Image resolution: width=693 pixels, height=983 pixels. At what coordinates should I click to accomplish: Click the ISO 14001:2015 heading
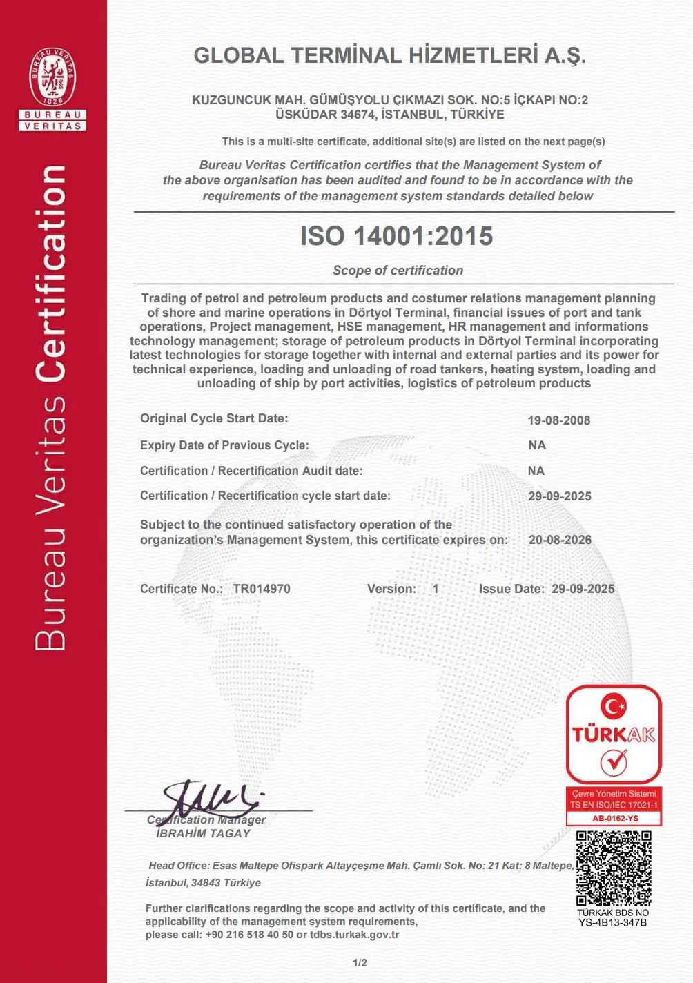pyautogui.click(x=396, y=236)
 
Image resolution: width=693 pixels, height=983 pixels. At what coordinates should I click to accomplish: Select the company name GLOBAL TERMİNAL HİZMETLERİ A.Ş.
pyautogui.click(x=389, y=56)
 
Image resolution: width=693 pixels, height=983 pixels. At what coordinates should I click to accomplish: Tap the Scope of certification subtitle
pyautogui.click(x=398, y=271)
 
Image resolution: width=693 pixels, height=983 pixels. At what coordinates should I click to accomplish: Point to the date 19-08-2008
pyautogui.click(x=558, y=420)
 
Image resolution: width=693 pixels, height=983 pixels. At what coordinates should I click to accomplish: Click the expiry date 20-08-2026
pyautogui.click(x=560, y=540)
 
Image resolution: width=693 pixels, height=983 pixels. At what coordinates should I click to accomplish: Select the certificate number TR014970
pyautogui.click(x=262, y=589)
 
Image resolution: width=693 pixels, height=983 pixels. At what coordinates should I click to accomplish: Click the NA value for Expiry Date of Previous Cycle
pyautogui.click(x=536, y=445)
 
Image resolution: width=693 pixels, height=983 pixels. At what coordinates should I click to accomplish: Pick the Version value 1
pyautogui.click(x=436, y=589)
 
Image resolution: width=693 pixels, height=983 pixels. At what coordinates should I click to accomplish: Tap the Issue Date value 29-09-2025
pyautogui.click(x=583, y=589)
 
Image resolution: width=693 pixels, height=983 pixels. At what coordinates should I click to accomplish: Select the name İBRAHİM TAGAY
pyautogui.click(x=204, y=833)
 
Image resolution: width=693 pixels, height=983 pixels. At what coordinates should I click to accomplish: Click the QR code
pyautogui.click(x=613, y=868)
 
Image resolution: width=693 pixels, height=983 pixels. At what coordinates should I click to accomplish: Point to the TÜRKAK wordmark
pyautogui.click(x=613, y=734)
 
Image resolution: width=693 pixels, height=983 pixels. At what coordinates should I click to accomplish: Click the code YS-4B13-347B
pyautogui.click(x=612, y=922)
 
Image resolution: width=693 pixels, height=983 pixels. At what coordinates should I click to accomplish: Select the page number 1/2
pyautogui.click(x=360, y=963)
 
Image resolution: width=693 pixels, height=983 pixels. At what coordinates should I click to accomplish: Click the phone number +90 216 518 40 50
pyautogui.click(x=249, y=935)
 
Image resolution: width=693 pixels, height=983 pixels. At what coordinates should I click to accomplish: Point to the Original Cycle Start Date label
pyautogui.click(x=214, y=418)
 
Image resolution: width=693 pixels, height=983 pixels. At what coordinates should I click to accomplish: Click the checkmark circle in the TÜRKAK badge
pyautogui.click(x=613, y=762)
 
